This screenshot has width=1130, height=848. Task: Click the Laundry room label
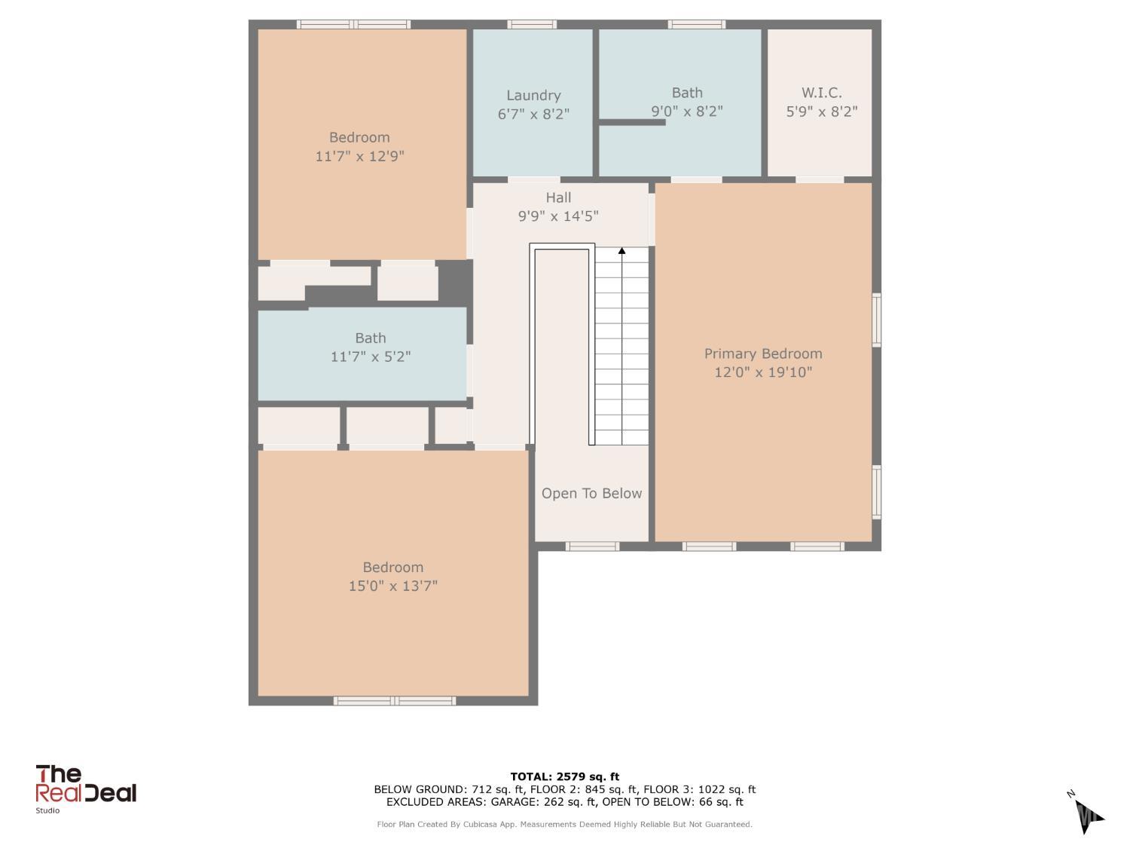coord(533,95)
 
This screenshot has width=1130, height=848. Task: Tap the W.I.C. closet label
coord(822,93)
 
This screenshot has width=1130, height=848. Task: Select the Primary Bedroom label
coord(763,354)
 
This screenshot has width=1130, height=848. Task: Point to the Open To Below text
coord(591,493)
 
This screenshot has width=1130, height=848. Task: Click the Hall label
coord(558,197)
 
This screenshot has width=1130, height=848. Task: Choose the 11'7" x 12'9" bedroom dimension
coord(359,156)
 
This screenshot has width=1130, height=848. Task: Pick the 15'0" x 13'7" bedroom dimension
coord(392,586)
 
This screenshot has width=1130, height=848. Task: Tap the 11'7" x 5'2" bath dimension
coord(370,357)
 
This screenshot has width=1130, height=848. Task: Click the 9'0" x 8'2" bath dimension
coord(687,112)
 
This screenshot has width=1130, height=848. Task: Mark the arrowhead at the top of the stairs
coord(622,251)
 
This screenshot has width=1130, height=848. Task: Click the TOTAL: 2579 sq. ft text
coord(565,776)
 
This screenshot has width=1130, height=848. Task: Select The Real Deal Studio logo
coord(85,789)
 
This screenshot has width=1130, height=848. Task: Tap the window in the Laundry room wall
coord(532,24)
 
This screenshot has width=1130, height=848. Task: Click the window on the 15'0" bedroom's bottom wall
coord(394,701)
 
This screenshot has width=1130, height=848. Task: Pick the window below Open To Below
coord(593,546)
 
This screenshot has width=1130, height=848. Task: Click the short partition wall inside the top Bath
coord(632,123)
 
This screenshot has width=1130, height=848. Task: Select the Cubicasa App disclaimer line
coord(565,825)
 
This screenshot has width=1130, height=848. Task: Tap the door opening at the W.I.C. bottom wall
coord(820,179)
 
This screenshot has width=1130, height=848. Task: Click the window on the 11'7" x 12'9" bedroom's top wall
coord(353,24)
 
